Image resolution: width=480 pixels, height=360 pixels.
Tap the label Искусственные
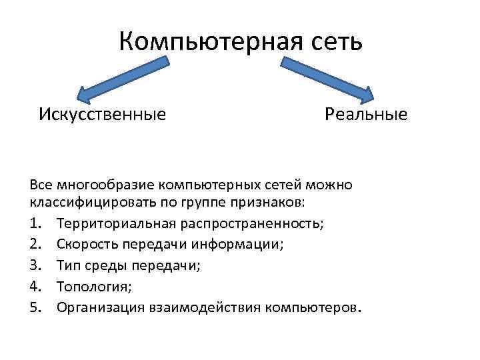[102, 114]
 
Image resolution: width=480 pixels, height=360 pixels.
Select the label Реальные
[366, 114]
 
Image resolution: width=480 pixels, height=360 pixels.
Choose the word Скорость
[85, 245]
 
